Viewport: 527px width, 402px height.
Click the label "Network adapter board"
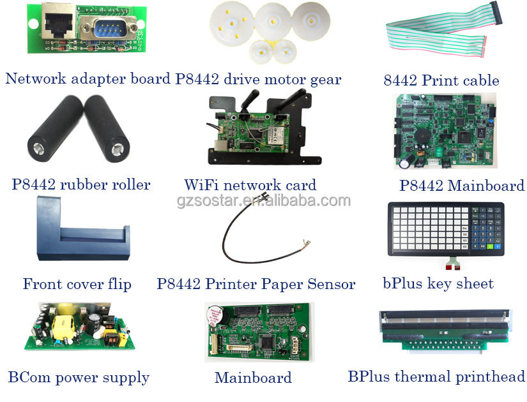[x=88, y=79]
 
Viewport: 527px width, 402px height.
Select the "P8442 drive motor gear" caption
[x=259, y=79]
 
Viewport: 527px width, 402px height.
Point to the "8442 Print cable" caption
[x=441, y=80]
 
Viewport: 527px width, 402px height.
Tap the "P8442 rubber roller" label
[x=81, y=185]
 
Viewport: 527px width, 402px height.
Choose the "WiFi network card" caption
[x=250, y=186]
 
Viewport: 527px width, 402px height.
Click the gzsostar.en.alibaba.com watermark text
[x=263, y=201]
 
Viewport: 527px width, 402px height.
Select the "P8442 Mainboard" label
[x=461, y=186]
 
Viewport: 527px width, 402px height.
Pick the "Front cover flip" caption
[x=77, y=284]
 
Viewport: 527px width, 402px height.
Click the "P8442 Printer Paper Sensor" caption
[x=256, y=284]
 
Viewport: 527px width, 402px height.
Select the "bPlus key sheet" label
[x=438, y=284]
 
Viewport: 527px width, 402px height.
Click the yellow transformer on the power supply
[x=65, y=326]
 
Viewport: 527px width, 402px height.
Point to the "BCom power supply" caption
[x=79, y=377]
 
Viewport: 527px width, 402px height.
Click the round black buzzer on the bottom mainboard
[x=215, y=316]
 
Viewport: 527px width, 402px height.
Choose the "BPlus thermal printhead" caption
[x=436, y=376]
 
